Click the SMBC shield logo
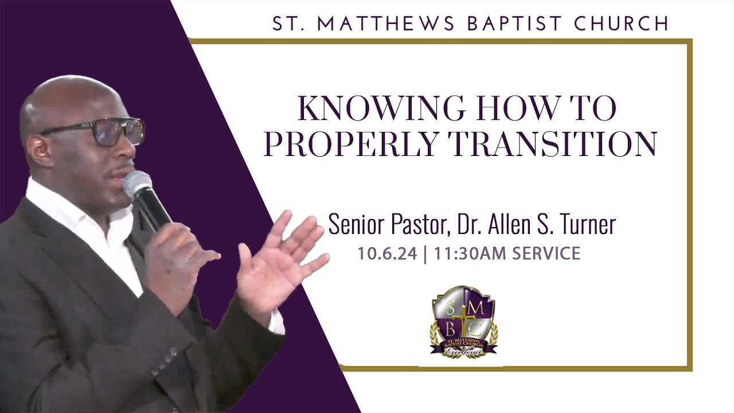463,321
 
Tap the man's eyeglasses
109,131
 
